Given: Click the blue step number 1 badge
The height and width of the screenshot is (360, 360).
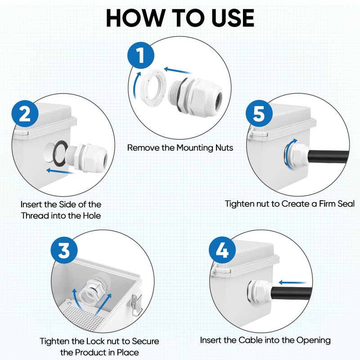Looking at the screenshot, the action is click(141, 55).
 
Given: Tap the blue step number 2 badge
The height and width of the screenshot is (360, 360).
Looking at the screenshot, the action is click(25, 113).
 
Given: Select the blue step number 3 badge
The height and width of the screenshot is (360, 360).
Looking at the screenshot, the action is click(64, 250).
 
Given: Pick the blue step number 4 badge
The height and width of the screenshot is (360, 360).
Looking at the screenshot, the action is click(222, 250).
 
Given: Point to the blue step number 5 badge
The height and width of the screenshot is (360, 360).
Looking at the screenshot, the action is click(259, 113).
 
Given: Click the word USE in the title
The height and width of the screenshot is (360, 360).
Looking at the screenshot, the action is click(233, 18).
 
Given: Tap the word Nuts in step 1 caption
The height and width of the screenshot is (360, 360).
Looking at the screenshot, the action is click(224, 148).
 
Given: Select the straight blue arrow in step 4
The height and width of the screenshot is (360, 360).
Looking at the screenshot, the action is click(292, 283).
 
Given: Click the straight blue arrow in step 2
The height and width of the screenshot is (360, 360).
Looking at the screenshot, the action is click(60, 171).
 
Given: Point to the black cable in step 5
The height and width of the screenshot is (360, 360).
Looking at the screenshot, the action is click(328, 157).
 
